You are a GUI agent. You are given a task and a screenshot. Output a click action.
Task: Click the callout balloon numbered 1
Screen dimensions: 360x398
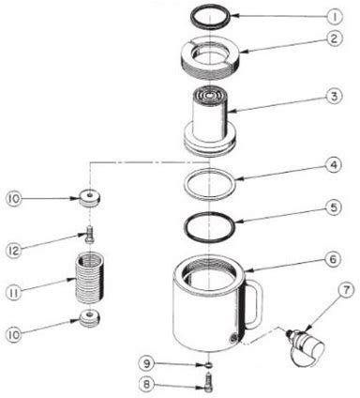[335, 16]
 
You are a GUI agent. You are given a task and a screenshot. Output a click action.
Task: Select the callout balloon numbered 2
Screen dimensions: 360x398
[335, 39]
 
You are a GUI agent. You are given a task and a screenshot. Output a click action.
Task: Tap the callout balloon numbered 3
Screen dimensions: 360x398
[335, 96]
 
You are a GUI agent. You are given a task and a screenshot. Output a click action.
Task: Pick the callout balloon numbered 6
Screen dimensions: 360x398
[334, 259]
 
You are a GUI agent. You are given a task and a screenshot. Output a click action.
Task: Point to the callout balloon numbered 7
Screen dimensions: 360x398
[346, 291]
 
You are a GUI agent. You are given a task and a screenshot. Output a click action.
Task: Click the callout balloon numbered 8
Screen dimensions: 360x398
[147, 385]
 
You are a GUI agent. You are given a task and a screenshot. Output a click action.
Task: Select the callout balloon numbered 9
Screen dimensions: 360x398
[147, 363]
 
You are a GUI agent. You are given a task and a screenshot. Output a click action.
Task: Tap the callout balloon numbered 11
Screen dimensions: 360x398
[14, 293]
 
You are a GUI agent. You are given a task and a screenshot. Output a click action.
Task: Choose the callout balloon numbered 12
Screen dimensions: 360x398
[14, 251]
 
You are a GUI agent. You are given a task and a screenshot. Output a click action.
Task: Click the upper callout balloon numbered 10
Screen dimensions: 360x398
[14, 199]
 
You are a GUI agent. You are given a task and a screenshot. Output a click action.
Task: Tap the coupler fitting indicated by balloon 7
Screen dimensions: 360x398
[305, 345]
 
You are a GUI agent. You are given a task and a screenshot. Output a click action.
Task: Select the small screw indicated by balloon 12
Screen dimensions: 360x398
[90, 234]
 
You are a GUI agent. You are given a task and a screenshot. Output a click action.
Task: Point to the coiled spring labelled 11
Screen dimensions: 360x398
[90, 278]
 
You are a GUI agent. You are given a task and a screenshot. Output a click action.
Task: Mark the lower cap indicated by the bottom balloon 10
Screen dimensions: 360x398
[90, 318]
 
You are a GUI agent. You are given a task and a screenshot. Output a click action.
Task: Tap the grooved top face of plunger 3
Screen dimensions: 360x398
[209, 95]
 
